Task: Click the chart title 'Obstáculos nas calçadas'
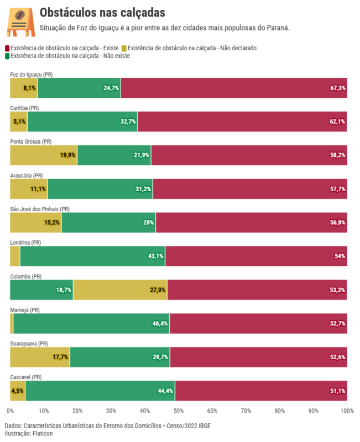pos(102,13)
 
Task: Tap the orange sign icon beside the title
pos(20,21)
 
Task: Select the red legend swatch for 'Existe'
pos(7,49)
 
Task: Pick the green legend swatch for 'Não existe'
pos(7,56)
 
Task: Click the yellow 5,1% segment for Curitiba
pos(19,122)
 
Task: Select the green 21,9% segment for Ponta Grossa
pos(114,155)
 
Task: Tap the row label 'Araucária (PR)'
pos(27,176)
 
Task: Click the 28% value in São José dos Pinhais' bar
pos(148,223)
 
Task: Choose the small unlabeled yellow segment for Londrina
pos(15,256)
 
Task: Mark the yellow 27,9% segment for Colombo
pos(120,290)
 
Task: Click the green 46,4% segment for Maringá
pos(91,324)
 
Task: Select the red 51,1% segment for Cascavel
pos(261,391)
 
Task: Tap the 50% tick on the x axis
pos(179,411)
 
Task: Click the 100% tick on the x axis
pos(347,411)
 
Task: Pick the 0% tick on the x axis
pos(10,411)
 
